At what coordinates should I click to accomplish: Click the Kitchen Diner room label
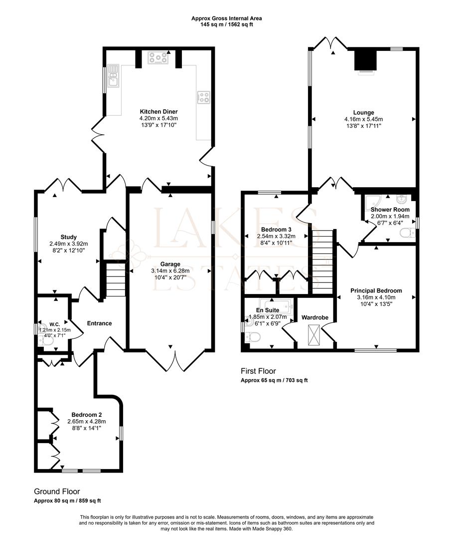[x=158, y=112]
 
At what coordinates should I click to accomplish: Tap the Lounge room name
[x=363, y=112]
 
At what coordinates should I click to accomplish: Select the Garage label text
[x=170, y=264]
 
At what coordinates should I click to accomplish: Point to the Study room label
[x=69, y=237]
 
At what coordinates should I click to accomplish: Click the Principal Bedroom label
[x=376, y=290]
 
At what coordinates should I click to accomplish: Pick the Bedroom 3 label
[x=276, y=229]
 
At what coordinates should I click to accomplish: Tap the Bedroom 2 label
[x=87, y=415]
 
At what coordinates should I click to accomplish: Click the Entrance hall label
[x=99, y=323]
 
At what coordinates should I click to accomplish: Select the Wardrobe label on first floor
[x=314, y=317]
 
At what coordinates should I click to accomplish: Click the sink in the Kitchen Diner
[x=113, y=76]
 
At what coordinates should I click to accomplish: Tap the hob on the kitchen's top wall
[x=158, y=58]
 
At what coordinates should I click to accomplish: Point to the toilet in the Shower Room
[x=408, y=233]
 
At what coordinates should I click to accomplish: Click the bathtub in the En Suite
[x=276, y=306]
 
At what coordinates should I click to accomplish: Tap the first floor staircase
[x=322, y=262]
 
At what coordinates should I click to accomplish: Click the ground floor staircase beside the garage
[x=115, y=280]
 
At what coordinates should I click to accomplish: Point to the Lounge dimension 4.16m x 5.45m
[x=363, y=119]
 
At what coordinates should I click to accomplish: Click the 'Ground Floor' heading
[x=57, y=491]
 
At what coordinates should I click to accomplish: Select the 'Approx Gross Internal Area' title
[x=226, y=18]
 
